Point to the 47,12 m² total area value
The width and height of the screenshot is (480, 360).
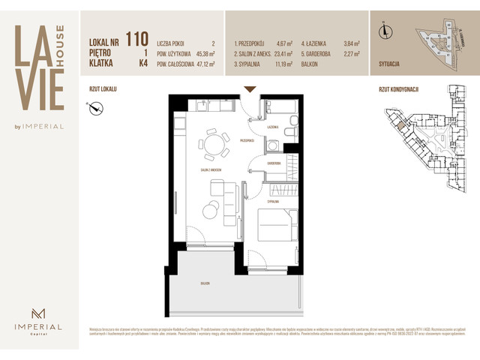coord(203,64)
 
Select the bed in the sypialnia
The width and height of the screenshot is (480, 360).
coord(277,223)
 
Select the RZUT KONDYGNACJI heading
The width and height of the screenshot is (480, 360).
coord(398,88)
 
